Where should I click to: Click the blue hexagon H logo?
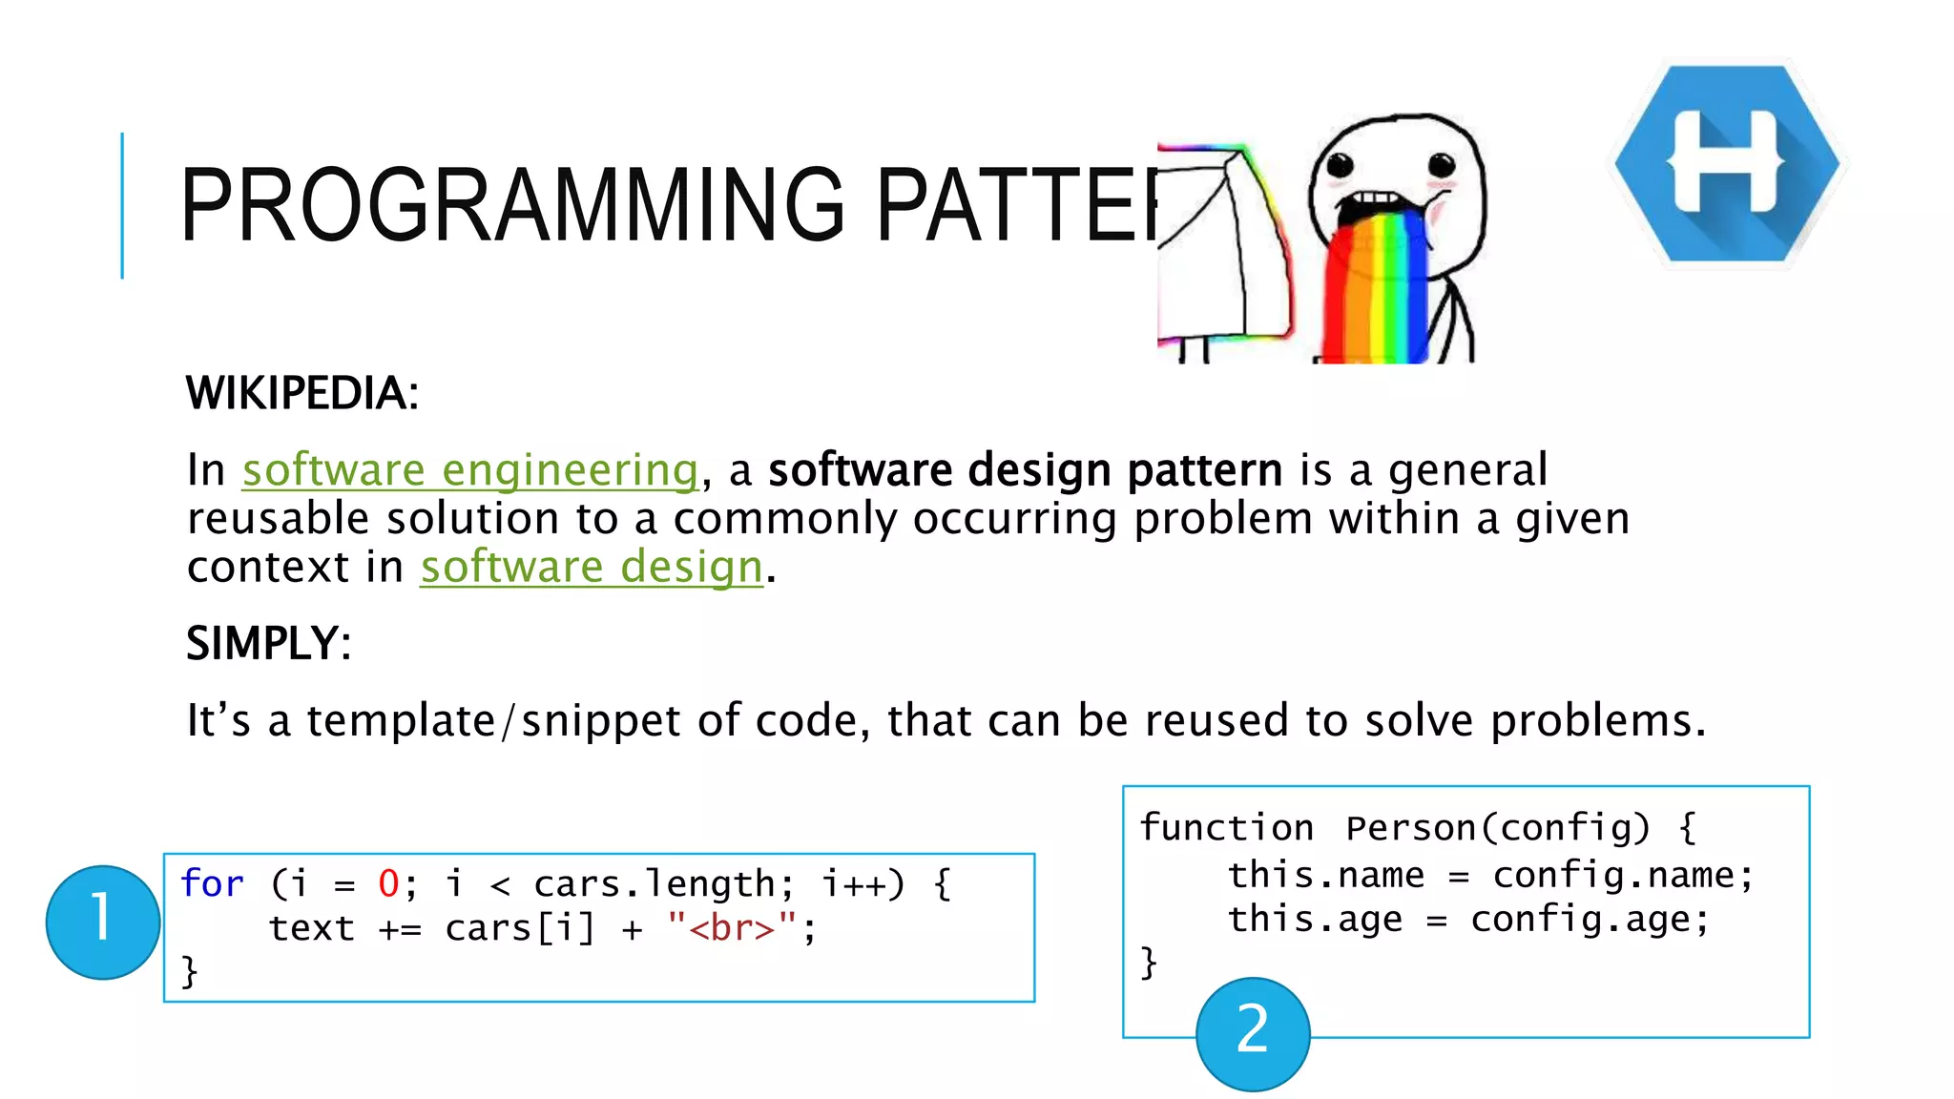(x=1727, y=163)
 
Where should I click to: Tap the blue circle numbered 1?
(x=102, y=922)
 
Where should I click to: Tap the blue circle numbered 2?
(x=1252, y=1033)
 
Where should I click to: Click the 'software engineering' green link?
(x=470, y=470)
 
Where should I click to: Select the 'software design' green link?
(x=592, y=568)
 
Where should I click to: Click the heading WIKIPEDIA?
(x=302, y=393)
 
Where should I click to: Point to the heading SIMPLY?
(x=268, y=643)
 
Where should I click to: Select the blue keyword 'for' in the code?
(x=212, y=883)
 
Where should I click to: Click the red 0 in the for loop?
(x=388, y=883)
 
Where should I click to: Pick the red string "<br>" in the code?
(x=732, y=927)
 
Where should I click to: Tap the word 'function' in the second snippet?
(x=1226, y=827)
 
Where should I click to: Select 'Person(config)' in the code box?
(x=1497, y=827)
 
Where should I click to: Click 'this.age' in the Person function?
(x=1314, y=919)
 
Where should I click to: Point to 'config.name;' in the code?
(x=1622, y=875)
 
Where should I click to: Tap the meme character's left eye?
(x=1341, y=166)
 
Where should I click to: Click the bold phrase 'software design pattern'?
(x=1025, y=470)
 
